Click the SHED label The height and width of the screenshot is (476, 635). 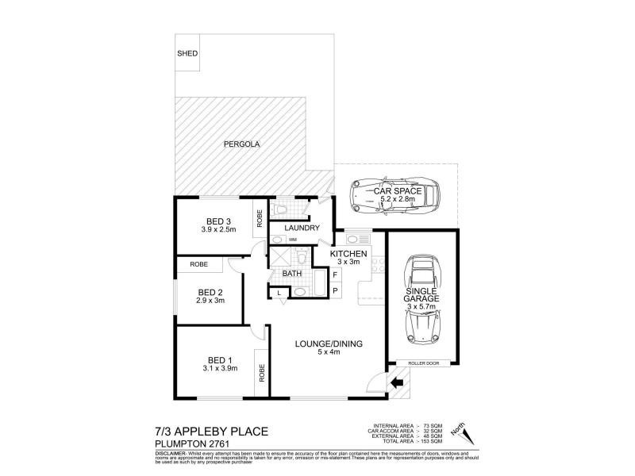pos(188,53)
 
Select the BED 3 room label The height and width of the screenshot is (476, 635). pos(218,221)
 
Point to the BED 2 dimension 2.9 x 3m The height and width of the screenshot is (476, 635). pos(212,301)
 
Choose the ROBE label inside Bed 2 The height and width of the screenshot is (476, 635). pos(198,264)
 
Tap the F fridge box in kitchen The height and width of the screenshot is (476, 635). pos(335,274)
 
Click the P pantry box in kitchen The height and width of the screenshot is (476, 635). pos(335,291)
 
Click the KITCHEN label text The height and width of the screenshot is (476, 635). pos(349,254)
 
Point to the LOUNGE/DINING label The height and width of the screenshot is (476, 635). pos(329,344)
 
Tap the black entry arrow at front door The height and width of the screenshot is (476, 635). pos(398,384)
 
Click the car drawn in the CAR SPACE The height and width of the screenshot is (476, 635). pos(395,194)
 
